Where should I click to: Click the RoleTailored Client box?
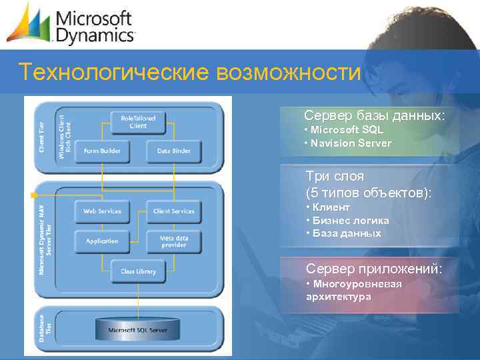[138, 121]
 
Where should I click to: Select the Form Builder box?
[102, 151]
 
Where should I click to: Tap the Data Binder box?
[173, 151]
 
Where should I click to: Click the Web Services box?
[102, 211]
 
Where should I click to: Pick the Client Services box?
[173, 211]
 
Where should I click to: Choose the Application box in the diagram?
[102, 241]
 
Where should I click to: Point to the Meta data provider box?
[173, 241]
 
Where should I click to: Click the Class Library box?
[138, 271]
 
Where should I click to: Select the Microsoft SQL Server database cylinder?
[139, 327]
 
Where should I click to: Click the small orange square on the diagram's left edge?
[31, 195]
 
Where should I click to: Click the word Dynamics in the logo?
[95, 35]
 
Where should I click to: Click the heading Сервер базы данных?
[374, 116]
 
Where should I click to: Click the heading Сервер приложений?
[374, 269]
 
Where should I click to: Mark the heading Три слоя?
[335, 177]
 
